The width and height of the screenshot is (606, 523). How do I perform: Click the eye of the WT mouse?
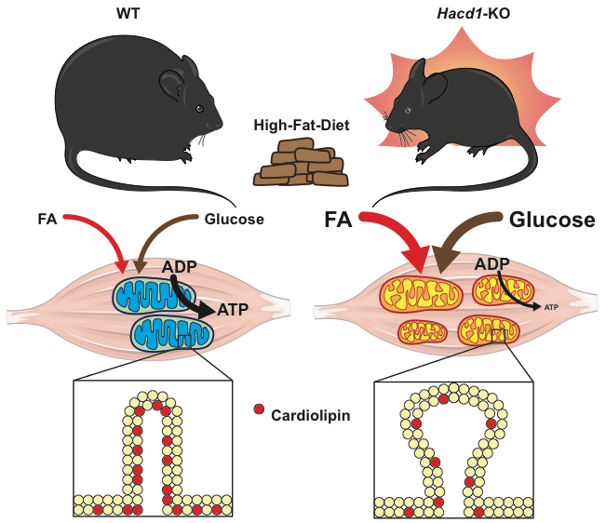199,109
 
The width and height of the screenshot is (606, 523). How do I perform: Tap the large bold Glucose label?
552,221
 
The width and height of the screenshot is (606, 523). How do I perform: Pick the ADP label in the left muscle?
179,267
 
